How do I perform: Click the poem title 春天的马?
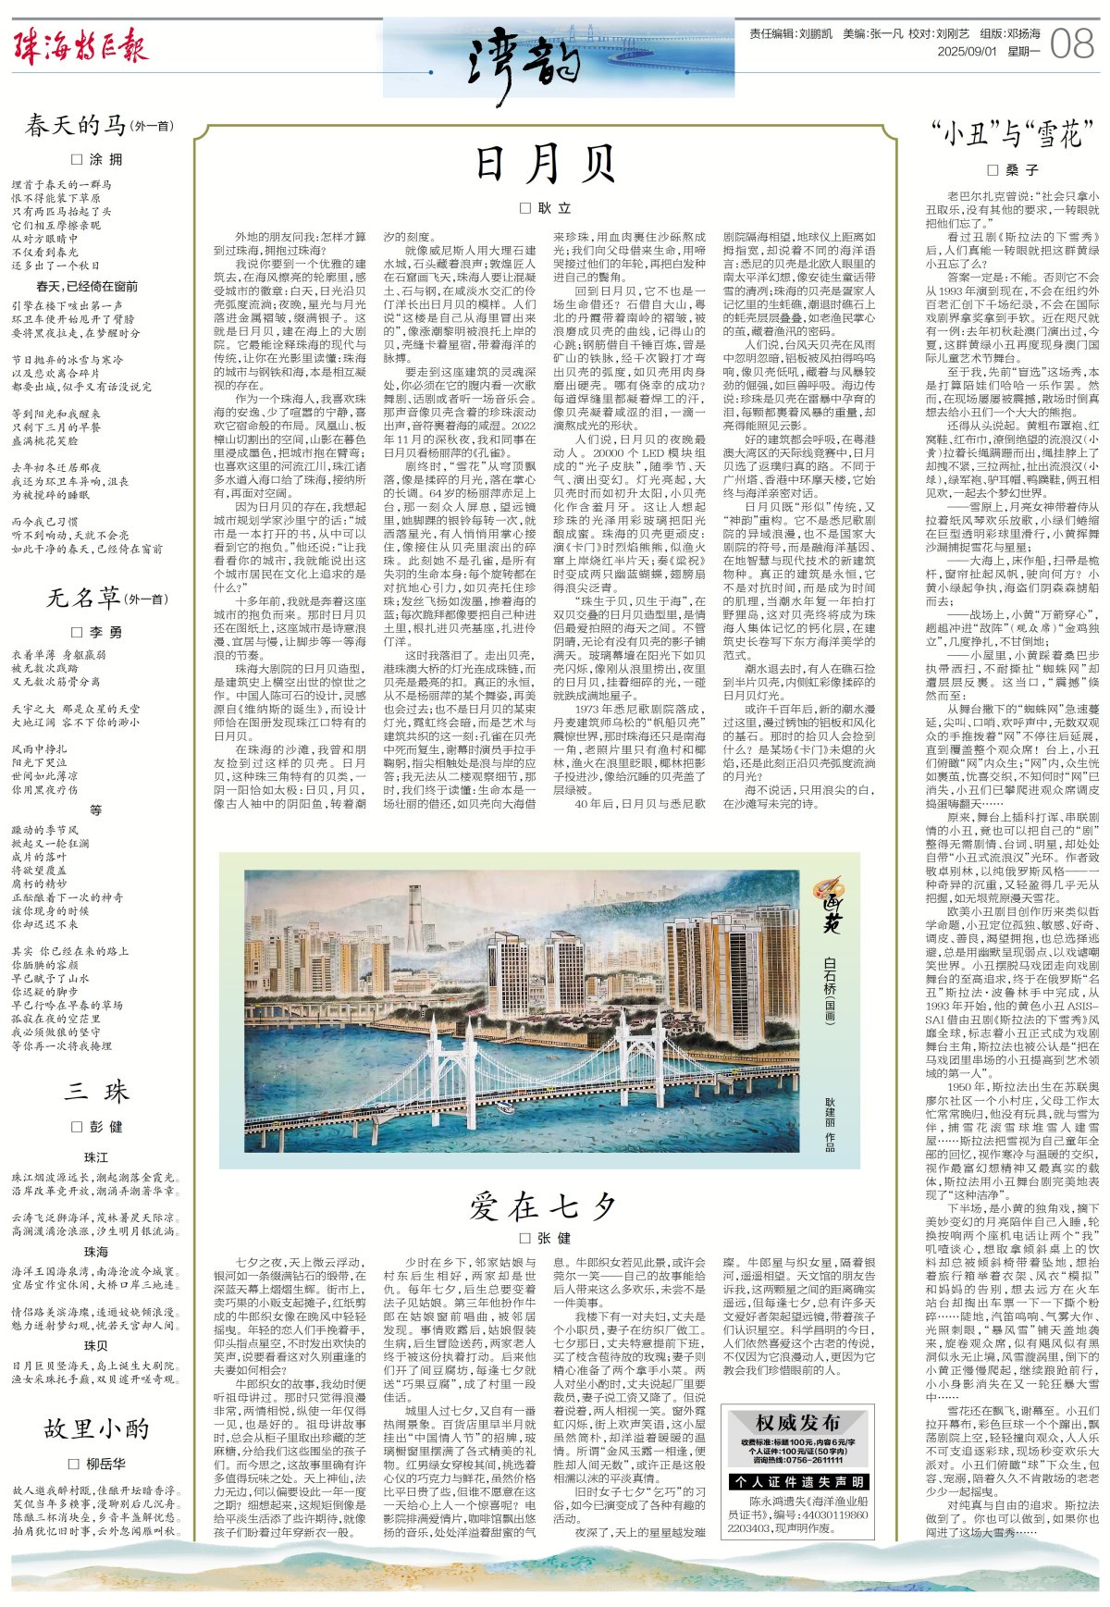[75, 125]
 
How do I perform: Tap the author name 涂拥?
[97, 159]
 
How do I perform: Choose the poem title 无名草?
[83, 599]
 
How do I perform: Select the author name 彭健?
[97, 1127]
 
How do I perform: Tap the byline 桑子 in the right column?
[1013, 170]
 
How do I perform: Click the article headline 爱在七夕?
[544, 1205]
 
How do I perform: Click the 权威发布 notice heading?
[796, 1422]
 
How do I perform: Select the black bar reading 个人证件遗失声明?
[796, 1482]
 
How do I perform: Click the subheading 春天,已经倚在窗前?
[87, 286]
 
